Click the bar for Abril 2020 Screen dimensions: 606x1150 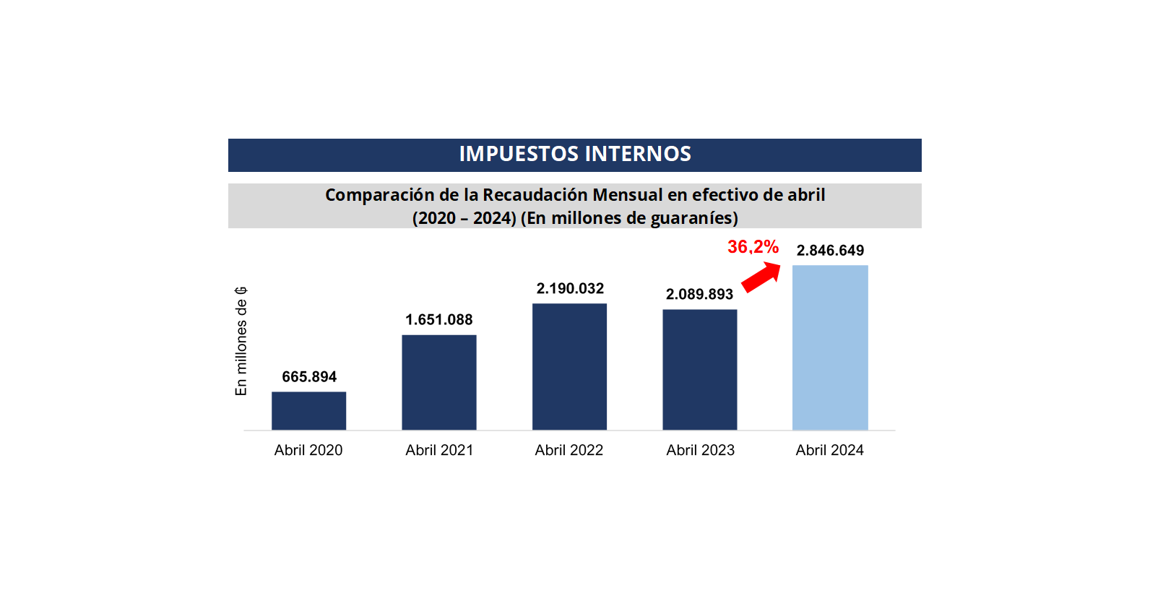coord(308,410)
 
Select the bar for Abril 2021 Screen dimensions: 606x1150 coord(439,382)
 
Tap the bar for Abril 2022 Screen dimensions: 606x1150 coord(569,366)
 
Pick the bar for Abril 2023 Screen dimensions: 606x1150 coord(700,369)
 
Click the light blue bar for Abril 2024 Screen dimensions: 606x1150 coord(830,347)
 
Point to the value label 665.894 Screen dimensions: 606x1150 coord(309,377)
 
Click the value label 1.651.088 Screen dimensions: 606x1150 coord(439,320)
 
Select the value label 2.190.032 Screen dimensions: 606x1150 coord(570,289)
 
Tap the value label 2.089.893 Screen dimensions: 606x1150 coord(699,295)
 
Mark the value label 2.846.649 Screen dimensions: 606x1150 coord(830,251)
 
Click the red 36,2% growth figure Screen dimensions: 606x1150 coord(753,247)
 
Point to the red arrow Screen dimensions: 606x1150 coord(761,277)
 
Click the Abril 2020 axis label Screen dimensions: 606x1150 coord(308,450)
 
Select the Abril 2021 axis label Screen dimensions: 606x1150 coord(439,450)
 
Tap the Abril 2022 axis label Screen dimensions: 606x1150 coord(569,450)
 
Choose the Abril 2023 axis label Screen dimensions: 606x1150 coord(700,450)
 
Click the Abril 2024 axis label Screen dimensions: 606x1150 coord(830,450)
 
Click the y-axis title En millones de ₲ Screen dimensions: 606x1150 coord(241,341)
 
